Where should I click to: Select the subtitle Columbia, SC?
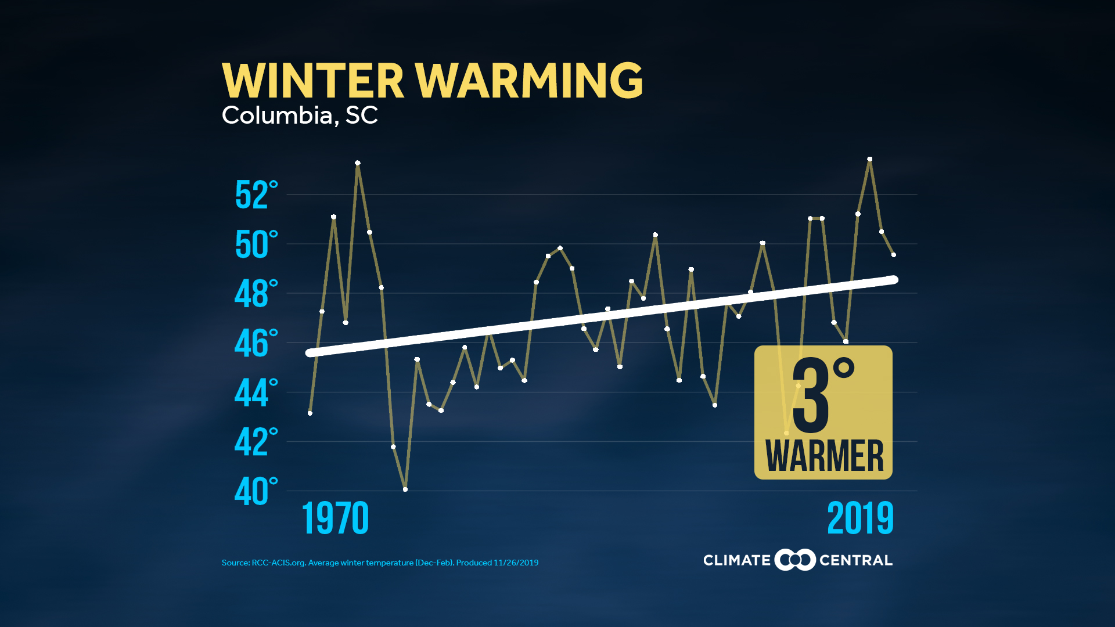[300, 116]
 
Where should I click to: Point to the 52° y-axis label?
[256, 195]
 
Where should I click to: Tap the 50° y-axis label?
[256, 244]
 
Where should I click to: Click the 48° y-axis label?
[256, 294]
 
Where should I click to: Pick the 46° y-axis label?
[256, 343]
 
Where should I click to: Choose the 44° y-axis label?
[256, 392]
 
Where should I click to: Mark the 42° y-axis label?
[256, 442]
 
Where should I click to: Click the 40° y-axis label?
[256, 491]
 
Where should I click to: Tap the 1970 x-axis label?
[335, 518]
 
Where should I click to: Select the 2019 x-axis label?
[860, 518]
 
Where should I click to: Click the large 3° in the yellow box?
[822, 395]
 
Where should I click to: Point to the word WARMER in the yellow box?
[824, 456]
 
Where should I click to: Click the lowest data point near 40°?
[405, 489]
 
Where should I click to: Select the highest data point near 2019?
[870, 159]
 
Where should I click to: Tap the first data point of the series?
[310, 413]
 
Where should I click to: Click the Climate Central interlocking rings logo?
[795, 560]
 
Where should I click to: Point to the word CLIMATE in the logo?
[736, 560]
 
